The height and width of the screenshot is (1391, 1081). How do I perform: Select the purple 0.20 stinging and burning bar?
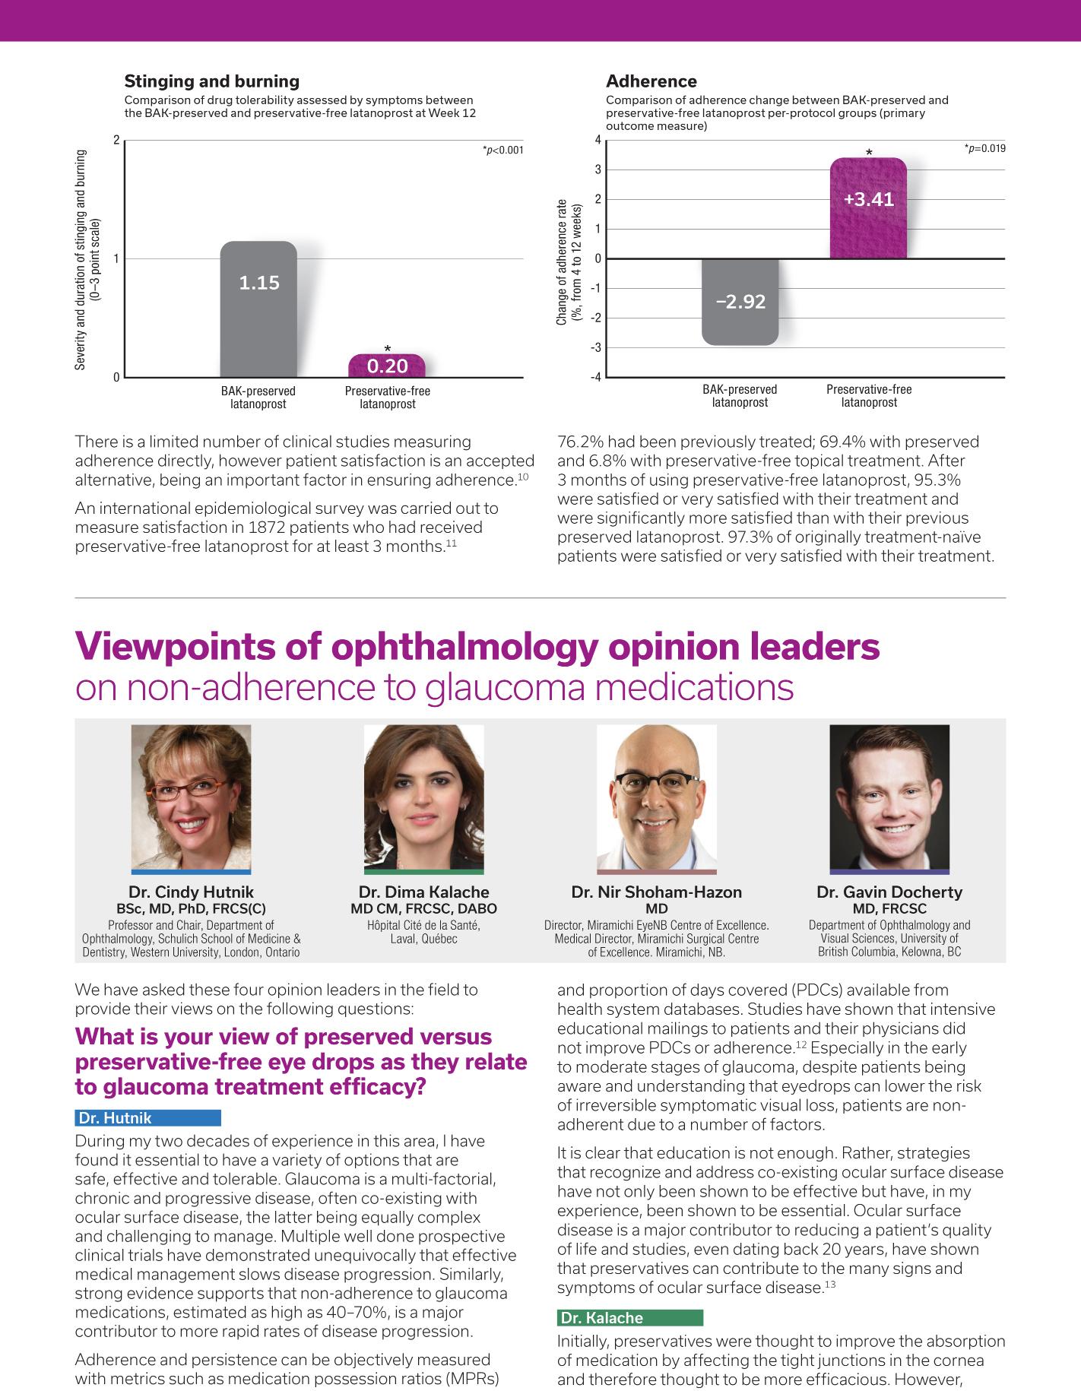pos(387,366)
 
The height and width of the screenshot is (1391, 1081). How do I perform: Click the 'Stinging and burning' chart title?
pos(211,81)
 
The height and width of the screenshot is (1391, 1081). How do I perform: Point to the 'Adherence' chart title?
pos(651,81)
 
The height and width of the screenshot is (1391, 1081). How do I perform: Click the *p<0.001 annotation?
pos(502,151)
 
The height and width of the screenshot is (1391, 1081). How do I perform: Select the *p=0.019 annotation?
pos(984,148)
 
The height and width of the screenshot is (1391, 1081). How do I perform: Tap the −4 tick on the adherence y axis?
pos(597,377)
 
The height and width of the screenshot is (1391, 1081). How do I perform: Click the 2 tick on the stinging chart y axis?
pos(116,141)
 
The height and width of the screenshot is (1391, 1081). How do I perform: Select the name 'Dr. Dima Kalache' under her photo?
pos(423,892)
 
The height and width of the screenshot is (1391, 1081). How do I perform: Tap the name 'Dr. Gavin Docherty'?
pos(889,892)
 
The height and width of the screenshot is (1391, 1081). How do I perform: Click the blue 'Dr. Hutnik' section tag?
pos(148,1117)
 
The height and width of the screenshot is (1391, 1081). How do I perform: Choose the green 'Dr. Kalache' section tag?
pos(629,1318)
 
